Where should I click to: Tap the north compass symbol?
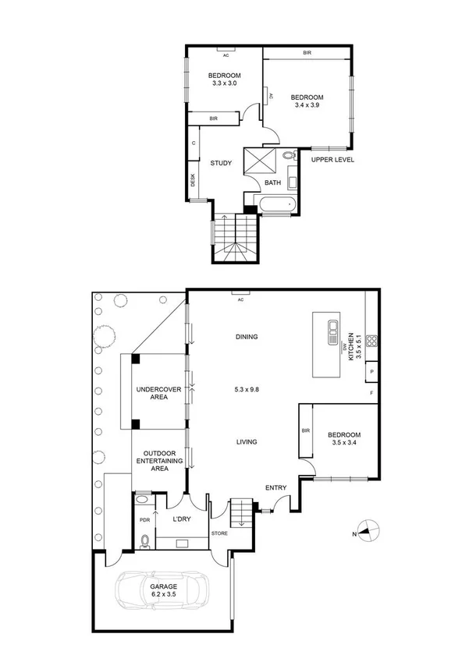point(368,532)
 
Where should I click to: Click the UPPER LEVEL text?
point(333,160)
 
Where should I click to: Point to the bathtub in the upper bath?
point(275,205)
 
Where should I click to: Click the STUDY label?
point(222,163)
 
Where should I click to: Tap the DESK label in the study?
point(193,179)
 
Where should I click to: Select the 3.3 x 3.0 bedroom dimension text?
point(224,83)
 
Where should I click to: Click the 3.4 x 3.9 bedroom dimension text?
point(307,104)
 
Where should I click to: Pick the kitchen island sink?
point(332,327)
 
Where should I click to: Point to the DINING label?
point(247,337)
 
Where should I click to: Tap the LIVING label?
point(247,442)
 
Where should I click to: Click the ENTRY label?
point(275,488)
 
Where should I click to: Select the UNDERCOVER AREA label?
point(153,392)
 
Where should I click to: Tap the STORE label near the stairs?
point(219,533)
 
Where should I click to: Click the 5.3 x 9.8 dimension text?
point(247,388)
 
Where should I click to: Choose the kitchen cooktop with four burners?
point(372,340)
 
